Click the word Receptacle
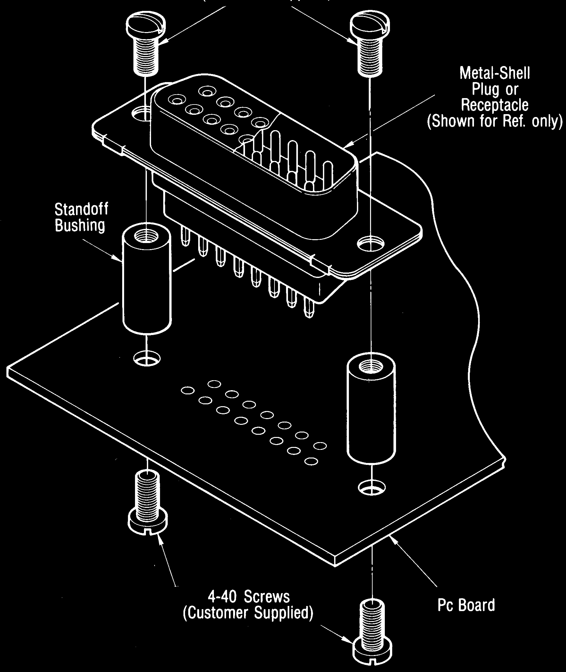pyautogui.click(x=494, y=105)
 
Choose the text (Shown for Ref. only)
pyautogui.click(x=494, y=121)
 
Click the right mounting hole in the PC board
pyautogui.click(x=371, y=488)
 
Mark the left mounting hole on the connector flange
pyautogui.click(x=141, y=114)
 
